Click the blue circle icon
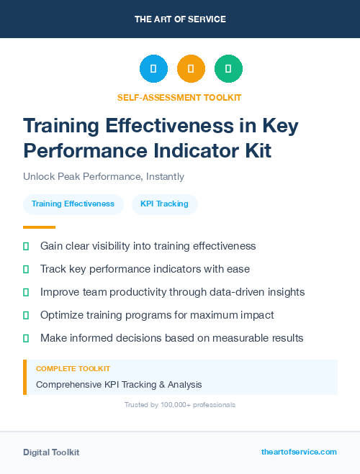[x=153, y=68]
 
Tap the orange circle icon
[x=191, y=68]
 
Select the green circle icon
[x=228, y=68]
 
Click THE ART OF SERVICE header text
[x=180, y=19]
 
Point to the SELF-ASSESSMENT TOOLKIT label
[x=179, y=97]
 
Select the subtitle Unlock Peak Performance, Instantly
[x=104, y=176]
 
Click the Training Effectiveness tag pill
[x=73, y=204]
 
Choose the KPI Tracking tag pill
[x=164, y=204]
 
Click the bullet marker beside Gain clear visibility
[x=26, y=246]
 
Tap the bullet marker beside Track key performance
[x=26, y=269]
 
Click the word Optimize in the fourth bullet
[x=63, y=315]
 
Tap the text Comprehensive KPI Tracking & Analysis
[x=119, y=384]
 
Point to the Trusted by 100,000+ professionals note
[x=180, y=405]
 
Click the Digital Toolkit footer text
[x=51, y=452]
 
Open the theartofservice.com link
[x=299, y=452]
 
